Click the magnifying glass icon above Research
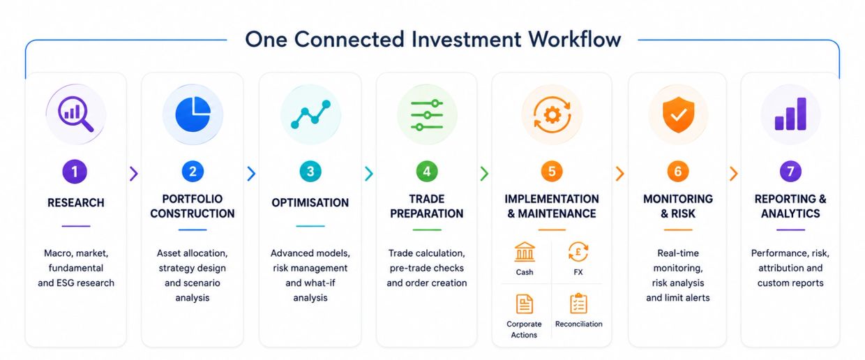click(x=75, y=114)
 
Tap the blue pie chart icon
click(x=193, y=114)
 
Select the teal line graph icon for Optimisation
click(x=310, y=114)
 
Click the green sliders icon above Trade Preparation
click(x=427, y=114)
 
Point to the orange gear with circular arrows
click(x=552, y=114)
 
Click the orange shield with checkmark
click(x=678, y=114)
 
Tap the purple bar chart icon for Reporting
click(x=790, y=114)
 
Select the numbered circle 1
click(x=75, y=172)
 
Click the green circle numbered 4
click(x=427, y=172)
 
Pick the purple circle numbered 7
click(x=790, y=172)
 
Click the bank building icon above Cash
click(x=525, y=252)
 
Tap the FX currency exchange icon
click(x=578, y=252)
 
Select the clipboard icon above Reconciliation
click(x=578, y=303)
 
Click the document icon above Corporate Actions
click(x=525, y=303)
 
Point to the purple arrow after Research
click(x=134, y=174)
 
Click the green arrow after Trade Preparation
click(x=484, y=174)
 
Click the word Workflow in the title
click(x=575, y=39)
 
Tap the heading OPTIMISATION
click(x=310, y=203)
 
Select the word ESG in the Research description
click(x=66, y=283)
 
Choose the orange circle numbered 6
click(x=678, y=172)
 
